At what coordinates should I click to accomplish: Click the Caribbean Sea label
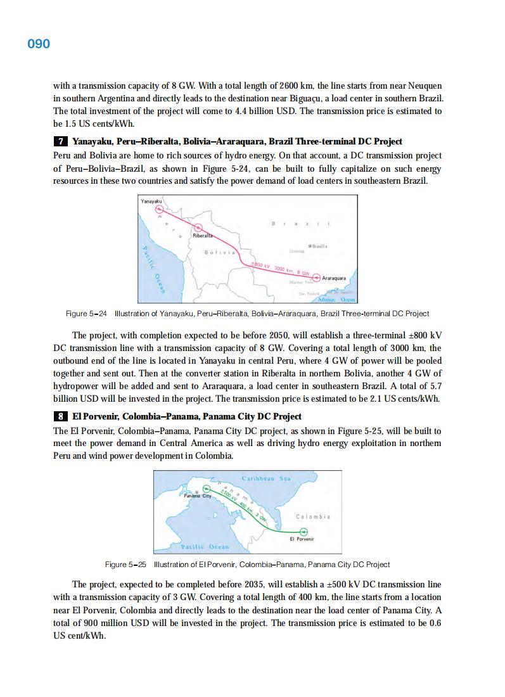(266, 478)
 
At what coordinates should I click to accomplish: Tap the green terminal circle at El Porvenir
(303, 531)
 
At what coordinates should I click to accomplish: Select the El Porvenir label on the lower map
(302, 540)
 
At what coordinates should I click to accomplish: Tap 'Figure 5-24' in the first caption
(86, 314)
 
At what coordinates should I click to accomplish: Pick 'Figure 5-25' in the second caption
(125, 564)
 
